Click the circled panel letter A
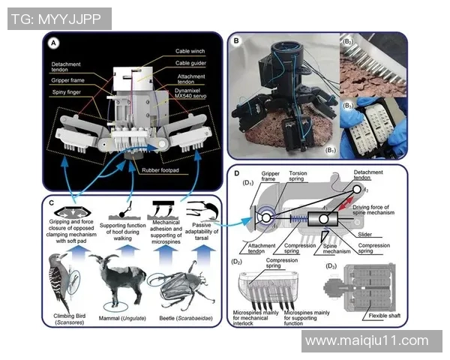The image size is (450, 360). (x=53, y=44)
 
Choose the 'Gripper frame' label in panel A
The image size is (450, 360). (x=69, y=79)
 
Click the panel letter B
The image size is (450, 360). (x=237, y=40)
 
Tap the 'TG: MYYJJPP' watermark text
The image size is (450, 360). (x=57, y=19)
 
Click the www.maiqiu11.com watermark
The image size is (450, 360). (x=367, y=341)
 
